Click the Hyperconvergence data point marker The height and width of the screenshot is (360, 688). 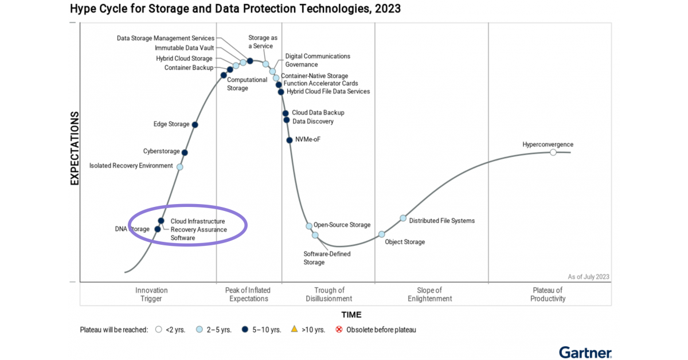coord(553,152)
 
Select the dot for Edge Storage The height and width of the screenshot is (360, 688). coord(195,124)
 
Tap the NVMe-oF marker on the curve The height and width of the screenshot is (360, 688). coord(290,140)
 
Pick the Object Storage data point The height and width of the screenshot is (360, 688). coord(382,234)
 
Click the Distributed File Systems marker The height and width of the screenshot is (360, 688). coord(403,218)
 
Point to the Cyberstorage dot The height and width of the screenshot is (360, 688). coord(185,152)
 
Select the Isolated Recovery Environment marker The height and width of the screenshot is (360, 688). coord(179,167)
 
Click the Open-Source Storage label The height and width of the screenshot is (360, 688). coord(342,225)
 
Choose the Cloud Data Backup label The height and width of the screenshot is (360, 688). coord(318,113)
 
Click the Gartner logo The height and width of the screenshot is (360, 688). coord(585,352)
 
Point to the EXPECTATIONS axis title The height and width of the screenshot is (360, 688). coord(75,148)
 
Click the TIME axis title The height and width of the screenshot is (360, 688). coord(351,314)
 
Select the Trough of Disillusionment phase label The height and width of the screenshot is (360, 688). coord(329,294)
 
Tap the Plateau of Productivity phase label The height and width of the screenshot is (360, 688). coord(548,294)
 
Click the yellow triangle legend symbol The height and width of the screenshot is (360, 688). coord(294,329)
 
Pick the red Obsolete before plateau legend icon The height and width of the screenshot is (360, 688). coord(339,330)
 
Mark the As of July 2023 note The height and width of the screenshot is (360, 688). coord(588,276)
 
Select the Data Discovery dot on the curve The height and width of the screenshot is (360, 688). coord(287,120)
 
